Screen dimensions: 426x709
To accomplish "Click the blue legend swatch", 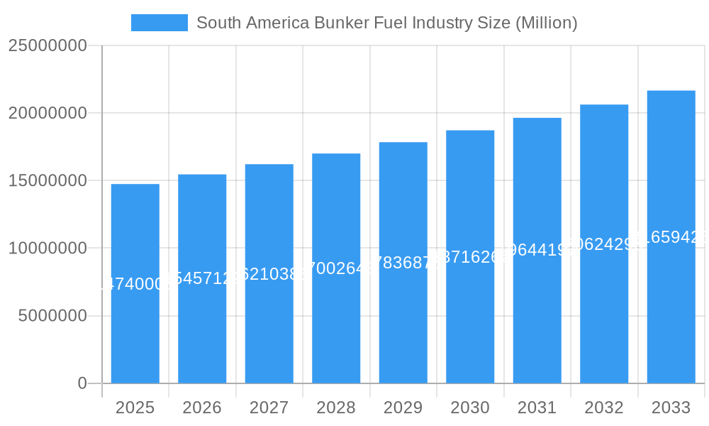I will (160, 23).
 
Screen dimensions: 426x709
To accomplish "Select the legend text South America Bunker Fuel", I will (386, 23).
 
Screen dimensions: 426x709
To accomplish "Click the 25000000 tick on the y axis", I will (48, 45).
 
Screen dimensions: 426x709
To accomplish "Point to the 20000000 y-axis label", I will (48, 113).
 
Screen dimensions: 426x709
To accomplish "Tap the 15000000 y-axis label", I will (48, 180).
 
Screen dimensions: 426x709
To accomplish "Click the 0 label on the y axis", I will (82, 383).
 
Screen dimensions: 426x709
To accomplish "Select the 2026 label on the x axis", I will (202, 408).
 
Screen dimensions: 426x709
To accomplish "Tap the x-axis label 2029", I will (403, 408).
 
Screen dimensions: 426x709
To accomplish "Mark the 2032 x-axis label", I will (604, 408).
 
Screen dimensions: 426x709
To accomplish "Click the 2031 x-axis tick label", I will (537, 408).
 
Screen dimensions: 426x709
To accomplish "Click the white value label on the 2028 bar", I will (336, 268).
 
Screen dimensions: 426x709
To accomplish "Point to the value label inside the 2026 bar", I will (202, 278).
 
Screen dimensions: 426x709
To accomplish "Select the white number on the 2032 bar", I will (604, 244).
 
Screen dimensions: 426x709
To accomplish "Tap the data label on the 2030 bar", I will (470, 257).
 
